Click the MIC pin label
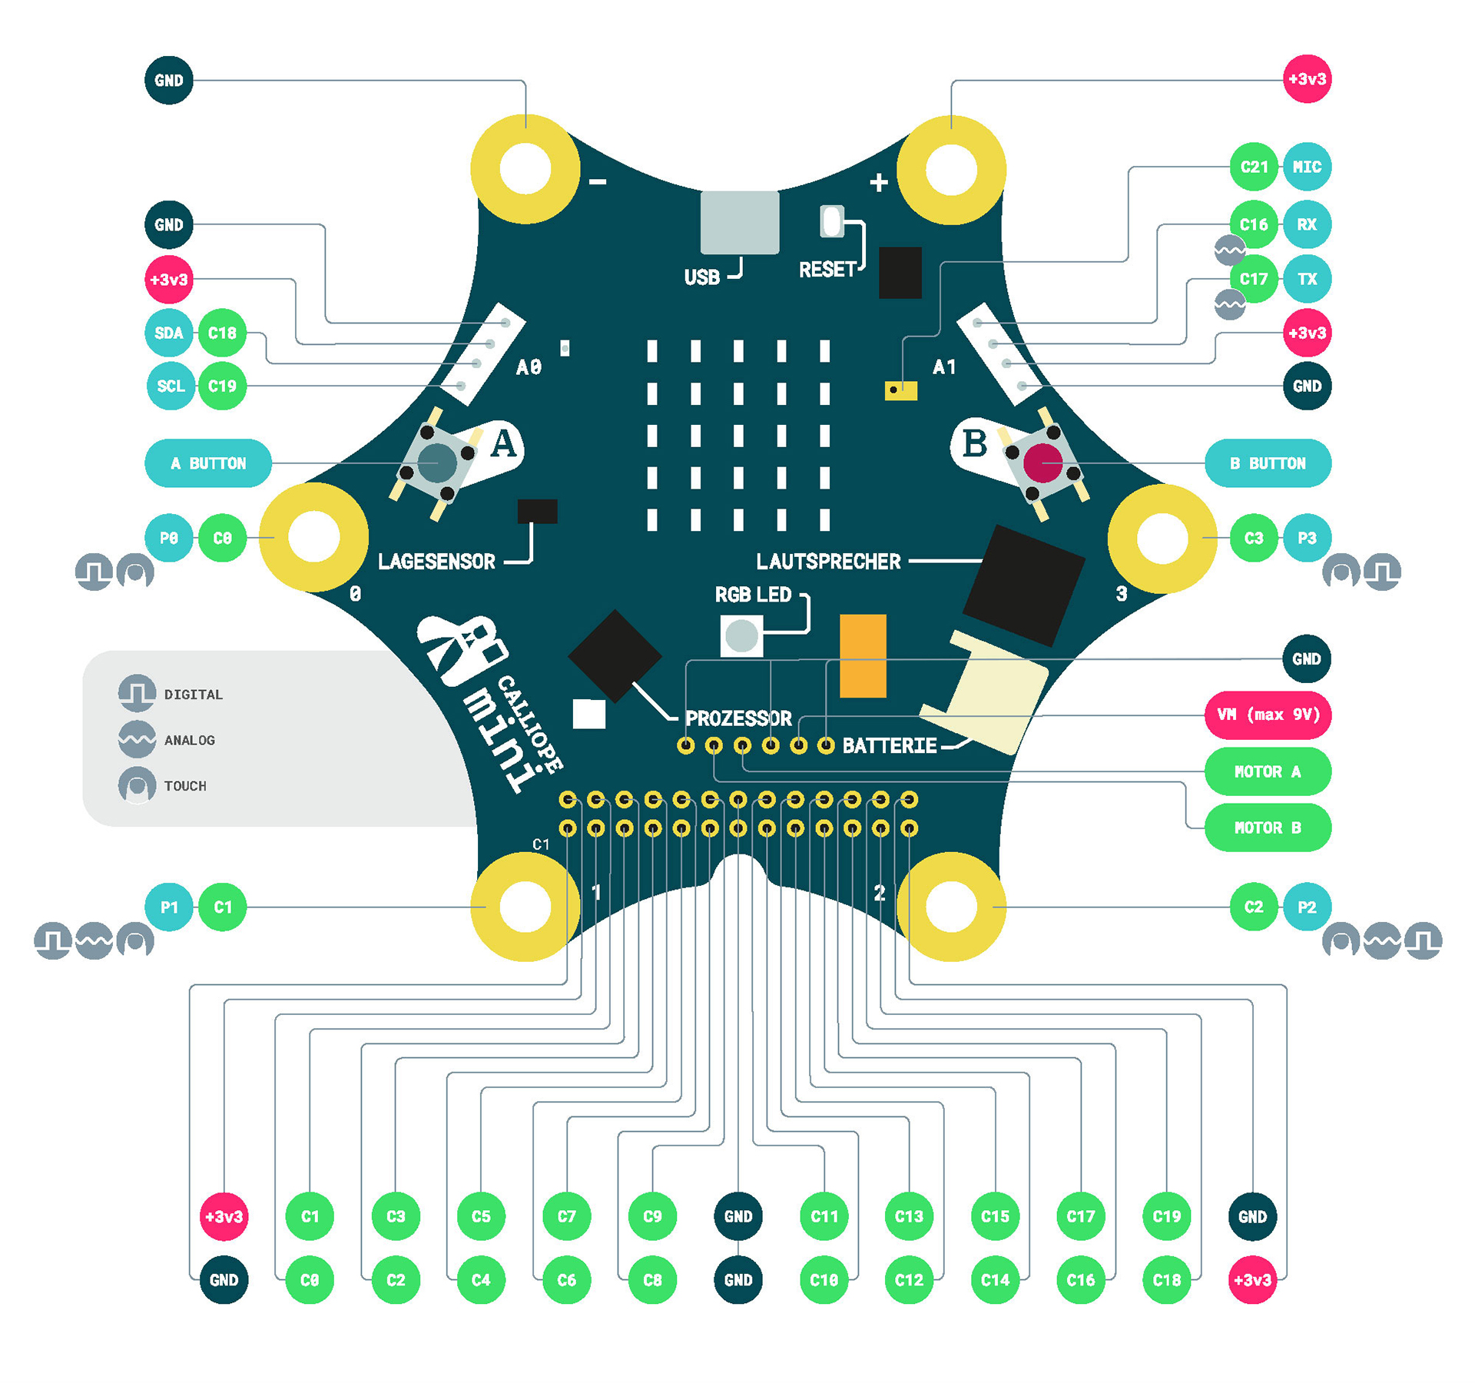1306,167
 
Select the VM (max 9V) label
1268,715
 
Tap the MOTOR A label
1268,771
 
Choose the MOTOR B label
1268,827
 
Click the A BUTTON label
208,463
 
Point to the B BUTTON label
1268,463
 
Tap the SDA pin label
169,333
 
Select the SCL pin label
171,386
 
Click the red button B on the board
1042,463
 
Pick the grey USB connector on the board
739,222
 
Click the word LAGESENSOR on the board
436,562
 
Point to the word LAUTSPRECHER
828,562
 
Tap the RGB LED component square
741,636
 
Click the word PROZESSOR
737,718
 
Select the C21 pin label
1254,167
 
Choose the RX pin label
1306,224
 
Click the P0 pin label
169,538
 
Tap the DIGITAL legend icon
137,693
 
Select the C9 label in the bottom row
652,1216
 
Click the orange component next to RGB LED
863,655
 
